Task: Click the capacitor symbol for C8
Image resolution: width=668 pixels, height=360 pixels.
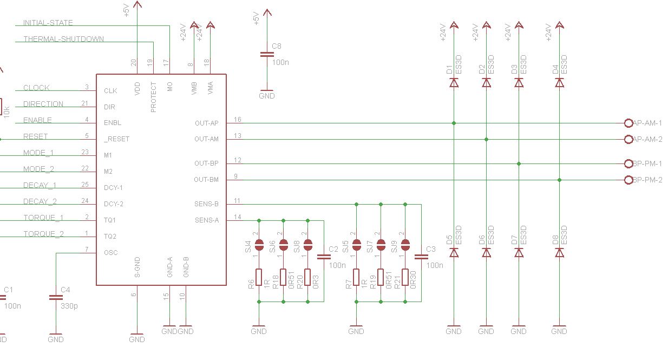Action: click(266, 54)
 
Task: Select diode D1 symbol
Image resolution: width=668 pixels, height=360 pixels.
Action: click(454, 82)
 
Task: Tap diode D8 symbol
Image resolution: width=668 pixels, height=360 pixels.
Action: click(560, 253)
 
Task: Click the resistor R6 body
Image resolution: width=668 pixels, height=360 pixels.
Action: click(259, 277)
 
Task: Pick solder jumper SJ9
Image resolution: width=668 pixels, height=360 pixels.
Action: click(405, 245)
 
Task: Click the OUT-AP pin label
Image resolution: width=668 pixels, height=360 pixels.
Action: click(206, 123)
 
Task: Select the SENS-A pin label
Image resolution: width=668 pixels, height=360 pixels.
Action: click(206, 220)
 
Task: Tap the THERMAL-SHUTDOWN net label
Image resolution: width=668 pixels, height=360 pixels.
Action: click(63, 39)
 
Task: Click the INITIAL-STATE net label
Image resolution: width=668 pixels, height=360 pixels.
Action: click(48, 23)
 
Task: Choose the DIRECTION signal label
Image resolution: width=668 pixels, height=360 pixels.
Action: click(43, 104)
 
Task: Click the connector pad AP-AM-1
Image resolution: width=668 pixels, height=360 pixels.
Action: click(628, 123)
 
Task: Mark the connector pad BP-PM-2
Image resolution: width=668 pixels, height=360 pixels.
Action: click(628, 180)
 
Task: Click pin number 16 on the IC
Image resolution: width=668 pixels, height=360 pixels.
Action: click(238, 119)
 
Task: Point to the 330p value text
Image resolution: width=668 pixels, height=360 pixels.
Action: click(69, 306)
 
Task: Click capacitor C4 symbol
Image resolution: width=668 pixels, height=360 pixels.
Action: click(56, 297)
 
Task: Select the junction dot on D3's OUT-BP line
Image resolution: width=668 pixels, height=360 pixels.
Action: click(519, 163)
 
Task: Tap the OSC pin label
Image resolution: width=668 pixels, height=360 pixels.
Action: click(110, 253)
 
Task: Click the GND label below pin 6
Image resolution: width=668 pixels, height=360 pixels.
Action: click(137, 339)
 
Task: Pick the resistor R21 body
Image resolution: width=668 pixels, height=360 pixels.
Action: click(405, 277)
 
